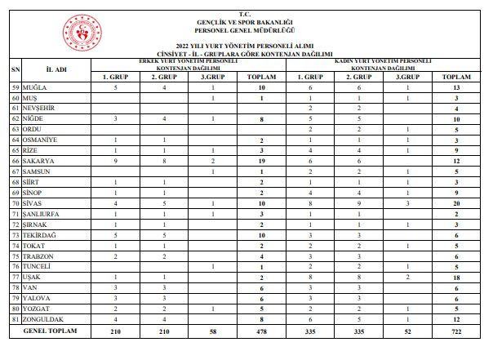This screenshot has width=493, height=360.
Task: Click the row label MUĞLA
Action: pos(35,87)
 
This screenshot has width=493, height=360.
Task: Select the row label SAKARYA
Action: pos(39,162)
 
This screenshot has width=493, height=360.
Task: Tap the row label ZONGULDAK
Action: pos(43,321)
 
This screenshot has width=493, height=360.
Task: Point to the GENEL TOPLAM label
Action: pos(50,332)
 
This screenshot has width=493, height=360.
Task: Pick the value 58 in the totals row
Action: pos(213,332)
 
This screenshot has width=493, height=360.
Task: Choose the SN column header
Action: pos(15,69)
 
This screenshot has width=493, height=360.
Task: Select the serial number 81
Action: pos(15,321)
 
